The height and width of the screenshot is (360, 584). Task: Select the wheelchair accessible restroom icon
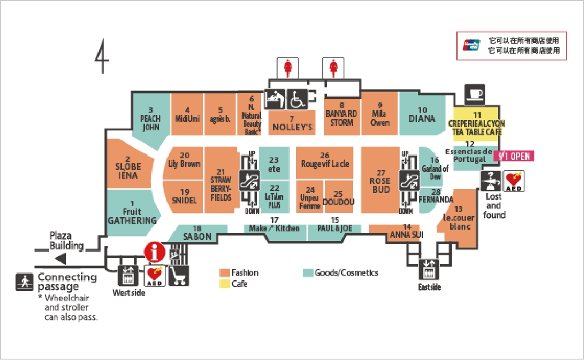pos(297,99)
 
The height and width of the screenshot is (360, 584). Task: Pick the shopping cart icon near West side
pos(178,275)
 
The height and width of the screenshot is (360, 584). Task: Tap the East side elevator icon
pos(429,270)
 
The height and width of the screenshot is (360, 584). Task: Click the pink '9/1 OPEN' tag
pos(514,156)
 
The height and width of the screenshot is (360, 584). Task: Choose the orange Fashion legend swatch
pos(224,272)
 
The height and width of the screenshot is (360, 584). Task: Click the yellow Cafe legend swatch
pos(224,284)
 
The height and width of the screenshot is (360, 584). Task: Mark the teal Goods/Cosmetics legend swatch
pos(308,272)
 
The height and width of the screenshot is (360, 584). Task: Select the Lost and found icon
pos(490,180)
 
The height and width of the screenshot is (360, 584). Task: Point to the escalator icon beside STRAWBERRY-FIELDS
pos(249,180)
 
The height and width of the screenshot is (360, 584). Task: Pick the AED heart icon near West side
pos(154,275)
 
